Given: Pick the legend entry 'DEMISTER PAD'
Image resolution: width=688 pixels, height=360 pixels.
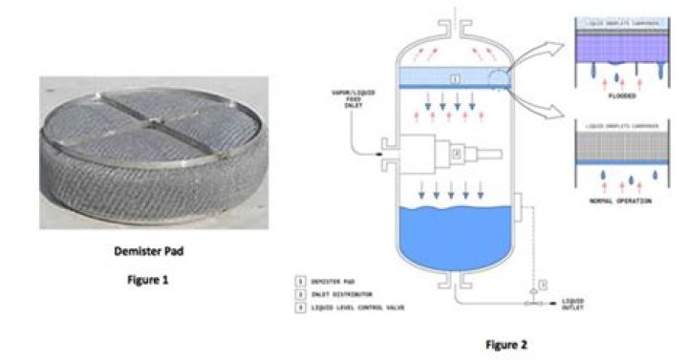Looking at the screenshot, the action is tap(333, 284).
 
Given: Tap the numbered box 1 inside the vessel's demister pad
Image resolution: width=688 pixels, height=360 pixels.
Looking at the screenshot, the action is tap(456, 74).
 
